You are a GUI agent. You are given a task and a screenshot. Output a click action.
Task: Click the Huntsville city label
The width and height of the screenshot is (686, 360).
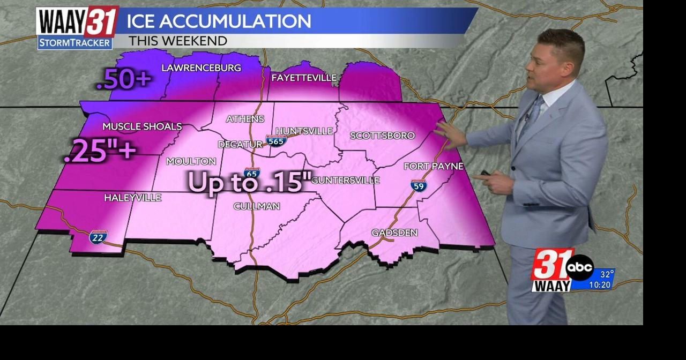click(304, 131)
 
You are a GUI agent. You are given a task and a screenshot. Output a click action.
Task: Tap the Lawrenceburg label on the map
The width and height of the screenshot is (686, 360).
click(201, 68)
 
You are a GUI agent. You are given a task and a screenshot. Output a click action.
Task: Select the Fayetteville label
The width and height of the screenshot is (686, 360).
click(304, 78)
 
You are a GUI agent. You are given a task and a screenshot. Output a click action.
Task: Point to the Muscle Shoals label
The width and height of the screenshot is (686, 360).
click(142, 126)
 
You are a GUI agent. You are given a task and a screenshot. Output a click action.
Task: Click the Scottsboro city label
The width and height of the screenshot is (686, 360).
click(382, 136)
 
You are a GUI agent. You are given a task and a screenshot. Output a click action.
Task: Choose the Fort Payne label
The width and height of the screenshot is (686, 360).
click(433, 166)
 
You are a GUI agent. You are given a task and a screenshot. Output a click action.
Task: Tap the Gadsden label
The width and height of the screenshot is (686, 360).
click(394, 232)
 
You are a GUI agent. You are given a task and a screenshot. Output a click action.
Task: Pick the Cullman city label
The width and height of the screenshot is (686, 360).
click(257, 206)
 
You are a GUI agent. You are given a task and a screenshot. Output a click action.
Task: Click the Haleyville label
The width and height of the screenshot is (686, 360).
click(132, 198)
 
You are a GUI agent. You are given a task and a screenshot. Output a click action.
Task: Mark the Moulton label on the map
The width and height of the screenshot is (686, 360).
click(191, 161)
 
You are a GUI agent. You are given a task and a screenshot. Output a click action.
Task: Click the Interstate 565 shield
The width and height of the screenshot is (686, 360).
click(276, 141)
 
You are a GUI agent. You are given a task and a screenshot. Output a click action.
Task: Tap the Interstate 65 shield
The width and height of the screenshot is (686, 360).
click(252, 172)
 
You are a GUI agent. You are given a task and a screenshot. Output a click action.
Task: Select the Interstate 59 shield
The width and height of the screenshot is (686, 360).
click(419, 185)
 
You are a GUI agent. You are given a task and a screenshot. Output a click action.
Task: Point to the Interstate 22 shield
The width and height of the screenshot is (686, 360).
click(98, 236)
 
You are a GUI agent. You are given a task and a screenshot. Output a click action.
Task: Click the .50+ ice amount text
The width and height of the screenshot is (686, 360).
click(124, 80)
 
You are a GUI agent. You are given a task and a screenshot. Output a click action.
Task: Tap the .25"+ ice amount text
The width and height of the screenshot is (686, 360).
click(100, 151)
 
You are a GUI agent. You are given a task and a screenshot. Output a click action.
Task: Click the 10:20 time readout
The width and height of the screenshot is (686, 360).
click(600, 284)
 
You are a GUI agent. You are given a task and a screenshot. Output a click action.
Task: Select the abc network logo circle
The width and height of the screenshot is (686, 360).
click(579, 267)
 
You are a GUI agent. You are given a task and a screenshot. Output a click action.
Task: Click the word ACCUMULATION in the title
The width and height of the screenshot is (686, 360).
click(235, 21)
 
